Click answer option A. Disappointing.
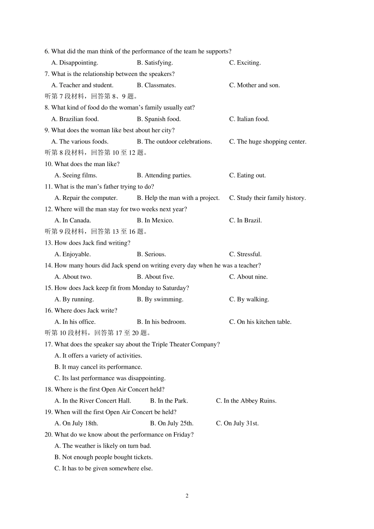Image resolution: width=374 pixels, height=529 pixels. pos(75,63)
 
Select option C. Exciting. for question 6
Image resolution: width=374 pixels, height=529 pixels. pos(245,63)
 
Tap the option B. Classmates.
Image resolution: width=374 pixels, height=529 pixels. pos(156,85)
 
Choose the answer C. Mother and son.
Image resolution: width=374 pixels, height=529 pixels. pos(254,85)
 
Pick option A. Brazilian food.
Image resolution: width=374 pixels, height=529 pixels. pos(75,119)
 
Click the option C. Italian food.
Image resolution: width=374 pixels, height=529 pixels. pos(249,119)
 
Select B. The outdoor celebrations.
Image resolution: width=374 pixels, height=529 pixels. pos(174,141)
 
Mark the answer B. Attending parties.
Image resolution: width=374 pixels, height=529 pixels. pos(164,175)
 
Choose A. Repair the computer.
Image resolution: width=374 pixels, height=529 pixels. pos(86,198)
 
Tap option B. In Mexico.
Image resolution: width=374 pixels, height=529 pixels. pos(155,220)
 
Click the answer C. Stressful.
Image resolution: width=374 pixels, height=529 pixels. pos(245,254)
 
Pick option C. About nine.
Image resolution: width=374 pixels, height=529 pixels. pos(248,277)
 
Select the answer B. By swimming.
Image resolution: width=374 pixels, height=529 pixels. pos(160,300)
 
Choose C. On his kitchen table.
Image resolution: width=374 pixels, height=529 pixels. pos(260,322)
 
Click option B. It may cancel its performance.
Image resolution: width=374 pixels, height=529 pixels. pos(98,367)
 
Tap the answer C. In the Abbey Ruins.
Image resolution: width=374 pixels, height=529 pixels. pos(246,401)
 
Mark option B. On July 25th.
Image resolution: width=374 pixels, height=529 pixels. pos(172,424)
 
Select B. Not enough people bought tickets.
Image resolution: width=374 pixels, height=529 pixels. pos(104,457)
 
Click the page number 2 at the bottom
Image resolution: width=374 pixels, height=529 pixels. pos(187,496)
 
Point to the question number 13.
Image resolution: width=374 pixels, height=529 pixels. pos(48,243)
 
